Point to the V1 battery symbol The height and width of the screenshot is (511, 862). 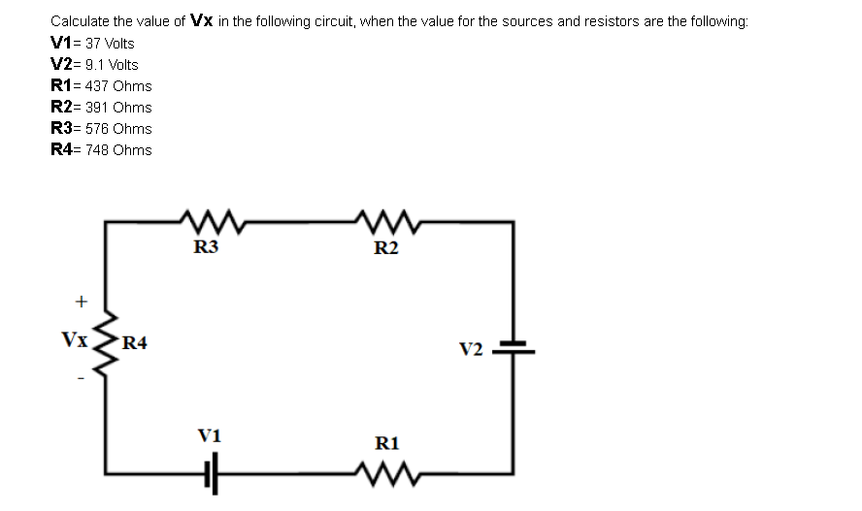tap(211, 473)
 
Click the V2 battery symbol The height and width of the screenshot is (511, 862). tap(513, 347)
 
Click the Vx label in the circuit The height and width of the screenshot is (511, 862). tap(75, 340)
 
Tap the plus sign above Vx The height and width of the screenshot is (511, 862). tap(82, 302)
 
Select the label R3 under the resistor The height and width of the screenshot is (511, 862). tap(206, 247)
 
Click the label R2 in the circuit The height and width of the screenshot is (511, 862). tap(385, 248)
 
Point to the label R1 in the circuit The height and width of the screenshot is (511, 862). tap(386, 444)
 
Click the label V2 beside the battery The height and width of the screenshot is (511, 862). tap(471, 349)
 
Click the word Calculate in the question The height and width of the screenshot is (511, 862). tap(80, 20)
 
